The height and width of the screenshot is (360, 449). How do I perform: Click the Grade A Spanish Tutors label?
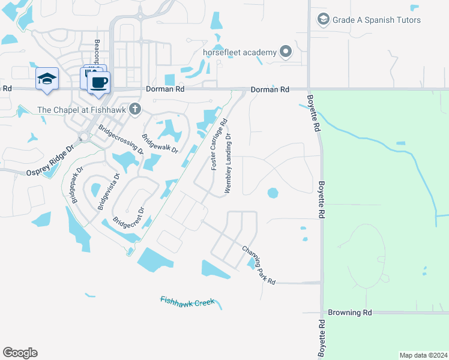pos(377,20)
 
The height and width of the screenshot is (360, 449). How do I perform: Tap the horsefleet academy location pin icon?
pos(285,52)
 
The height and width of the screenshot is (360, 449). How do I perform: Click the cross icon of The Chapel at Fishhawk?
pos(135,109)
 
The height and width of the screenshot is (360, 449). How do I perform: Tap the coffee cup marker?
pos(99,82)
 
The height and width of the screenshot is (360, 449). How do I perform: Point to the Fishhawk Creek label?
pos(187,301)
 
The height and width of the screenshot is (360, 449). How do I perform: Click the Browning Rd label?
pos(350,313)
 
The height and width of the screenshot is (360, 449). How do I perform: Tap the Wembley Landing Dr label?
pos(228,163)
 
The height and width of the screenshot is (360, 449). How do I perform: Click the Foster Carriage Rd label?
pos(218,143)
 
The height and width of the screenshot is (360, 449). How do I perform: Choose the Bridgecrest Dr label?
pos(129,219)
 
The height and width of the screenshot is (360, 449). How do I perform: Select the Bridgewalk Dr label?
pos(160,143)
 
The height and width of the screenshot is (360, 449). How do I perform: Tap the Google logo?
pos(20,353)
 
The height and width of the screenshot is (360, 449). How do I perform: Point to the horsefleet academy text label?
pos(242,52)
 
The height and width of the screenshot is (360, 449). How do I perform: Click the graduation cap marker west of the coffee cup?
pos(47,79)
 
